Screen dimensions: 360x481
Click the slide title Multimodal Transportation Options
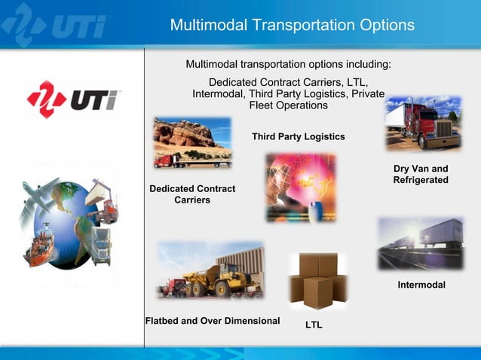[292, 25]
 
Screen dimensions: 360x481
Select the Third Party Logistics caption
[298, 137]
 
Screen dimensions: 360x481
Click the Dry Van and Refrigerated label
[421, 174]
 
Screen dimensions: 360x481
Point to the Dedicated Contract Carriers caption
[192, 194]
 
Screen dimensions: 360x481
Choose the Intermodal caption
[421, 285]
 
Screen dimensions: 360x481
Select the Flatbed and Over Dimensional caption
[212, 321]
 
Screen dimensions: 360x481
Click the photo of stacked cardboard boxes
[317, 281]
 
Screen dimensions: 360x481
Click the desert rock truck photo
[192, 142]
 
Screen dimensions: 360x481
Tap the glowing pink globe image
[300, 188]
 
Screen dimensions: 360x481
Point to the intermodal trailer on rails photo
[420, 243]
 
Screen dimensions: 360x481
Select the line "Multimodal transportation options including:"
[288, 64]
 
